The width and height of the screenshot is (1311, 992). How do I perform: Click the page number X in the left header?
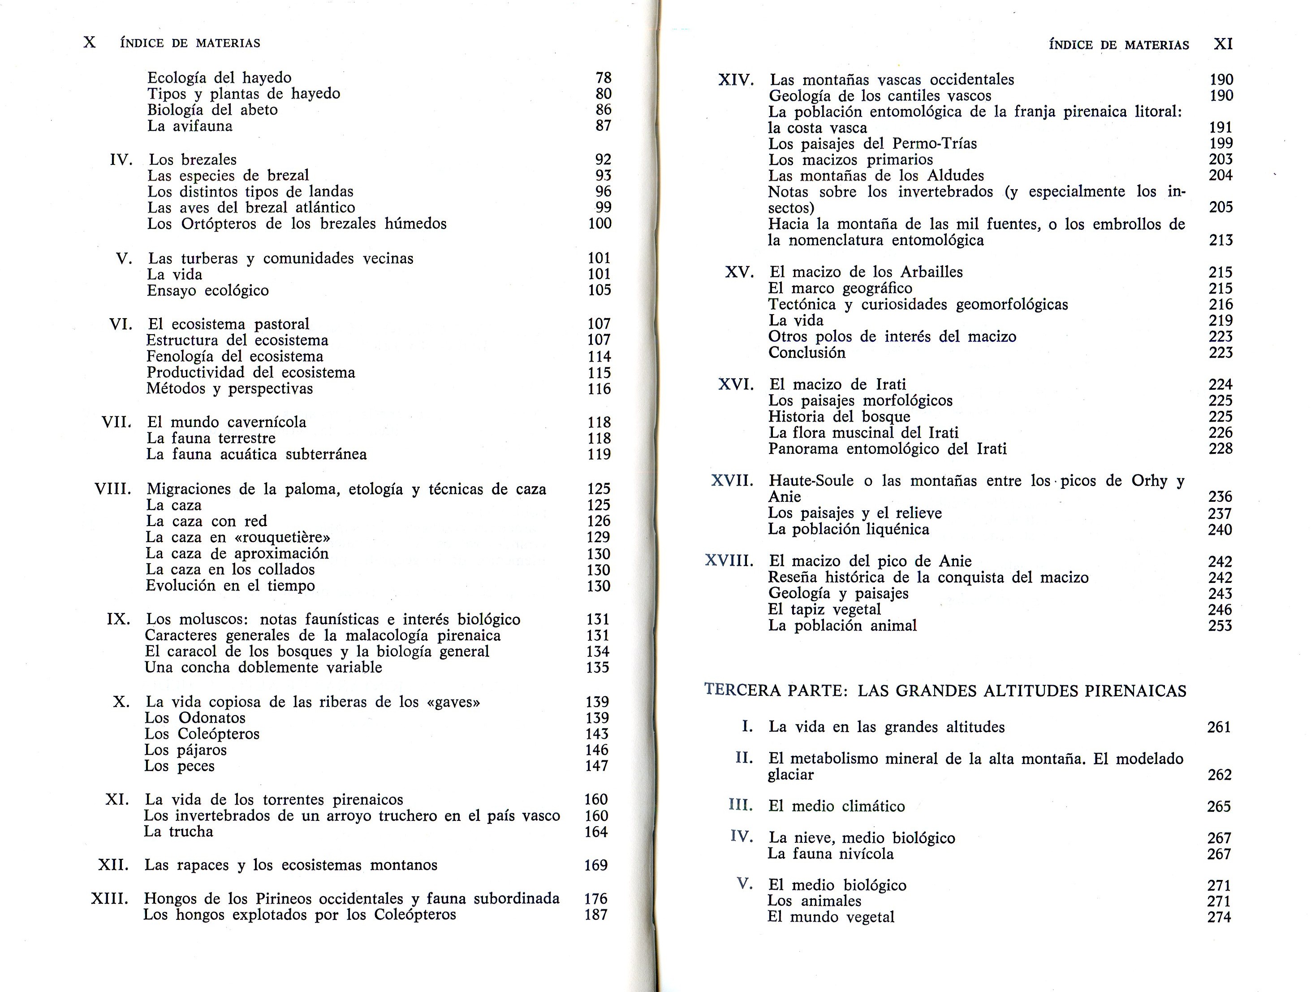point(90,43)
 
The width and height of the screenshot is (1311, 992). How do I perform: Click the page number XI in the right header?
point(1223,44)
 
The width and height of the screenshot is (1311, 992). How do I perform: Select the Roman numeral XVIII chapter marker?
point(729,561)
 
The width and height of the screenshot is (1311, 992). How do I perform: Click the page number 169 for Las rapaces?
point(595,865)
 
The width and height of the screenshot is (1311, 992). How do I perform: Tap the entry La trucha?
point(178,832)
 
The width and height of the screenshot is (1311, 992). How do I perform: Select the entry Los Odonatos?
point(195,718)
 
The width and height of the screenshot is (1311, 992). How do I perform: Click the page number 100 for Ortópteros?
point(600,224)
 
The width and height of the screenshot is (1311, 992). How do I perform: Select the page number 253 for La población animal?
point(1220,626)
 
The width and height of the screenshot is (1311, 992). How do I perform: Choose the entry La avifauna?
point(190,125)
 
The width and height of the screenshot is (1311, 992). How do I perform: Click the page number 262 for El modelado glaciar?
point(1219,775)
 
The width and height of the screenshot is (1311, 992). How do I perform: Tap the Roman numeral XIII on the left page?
point(110,899)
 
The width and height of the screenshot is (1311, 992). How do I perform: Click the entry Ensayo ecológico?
point(207,290)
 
